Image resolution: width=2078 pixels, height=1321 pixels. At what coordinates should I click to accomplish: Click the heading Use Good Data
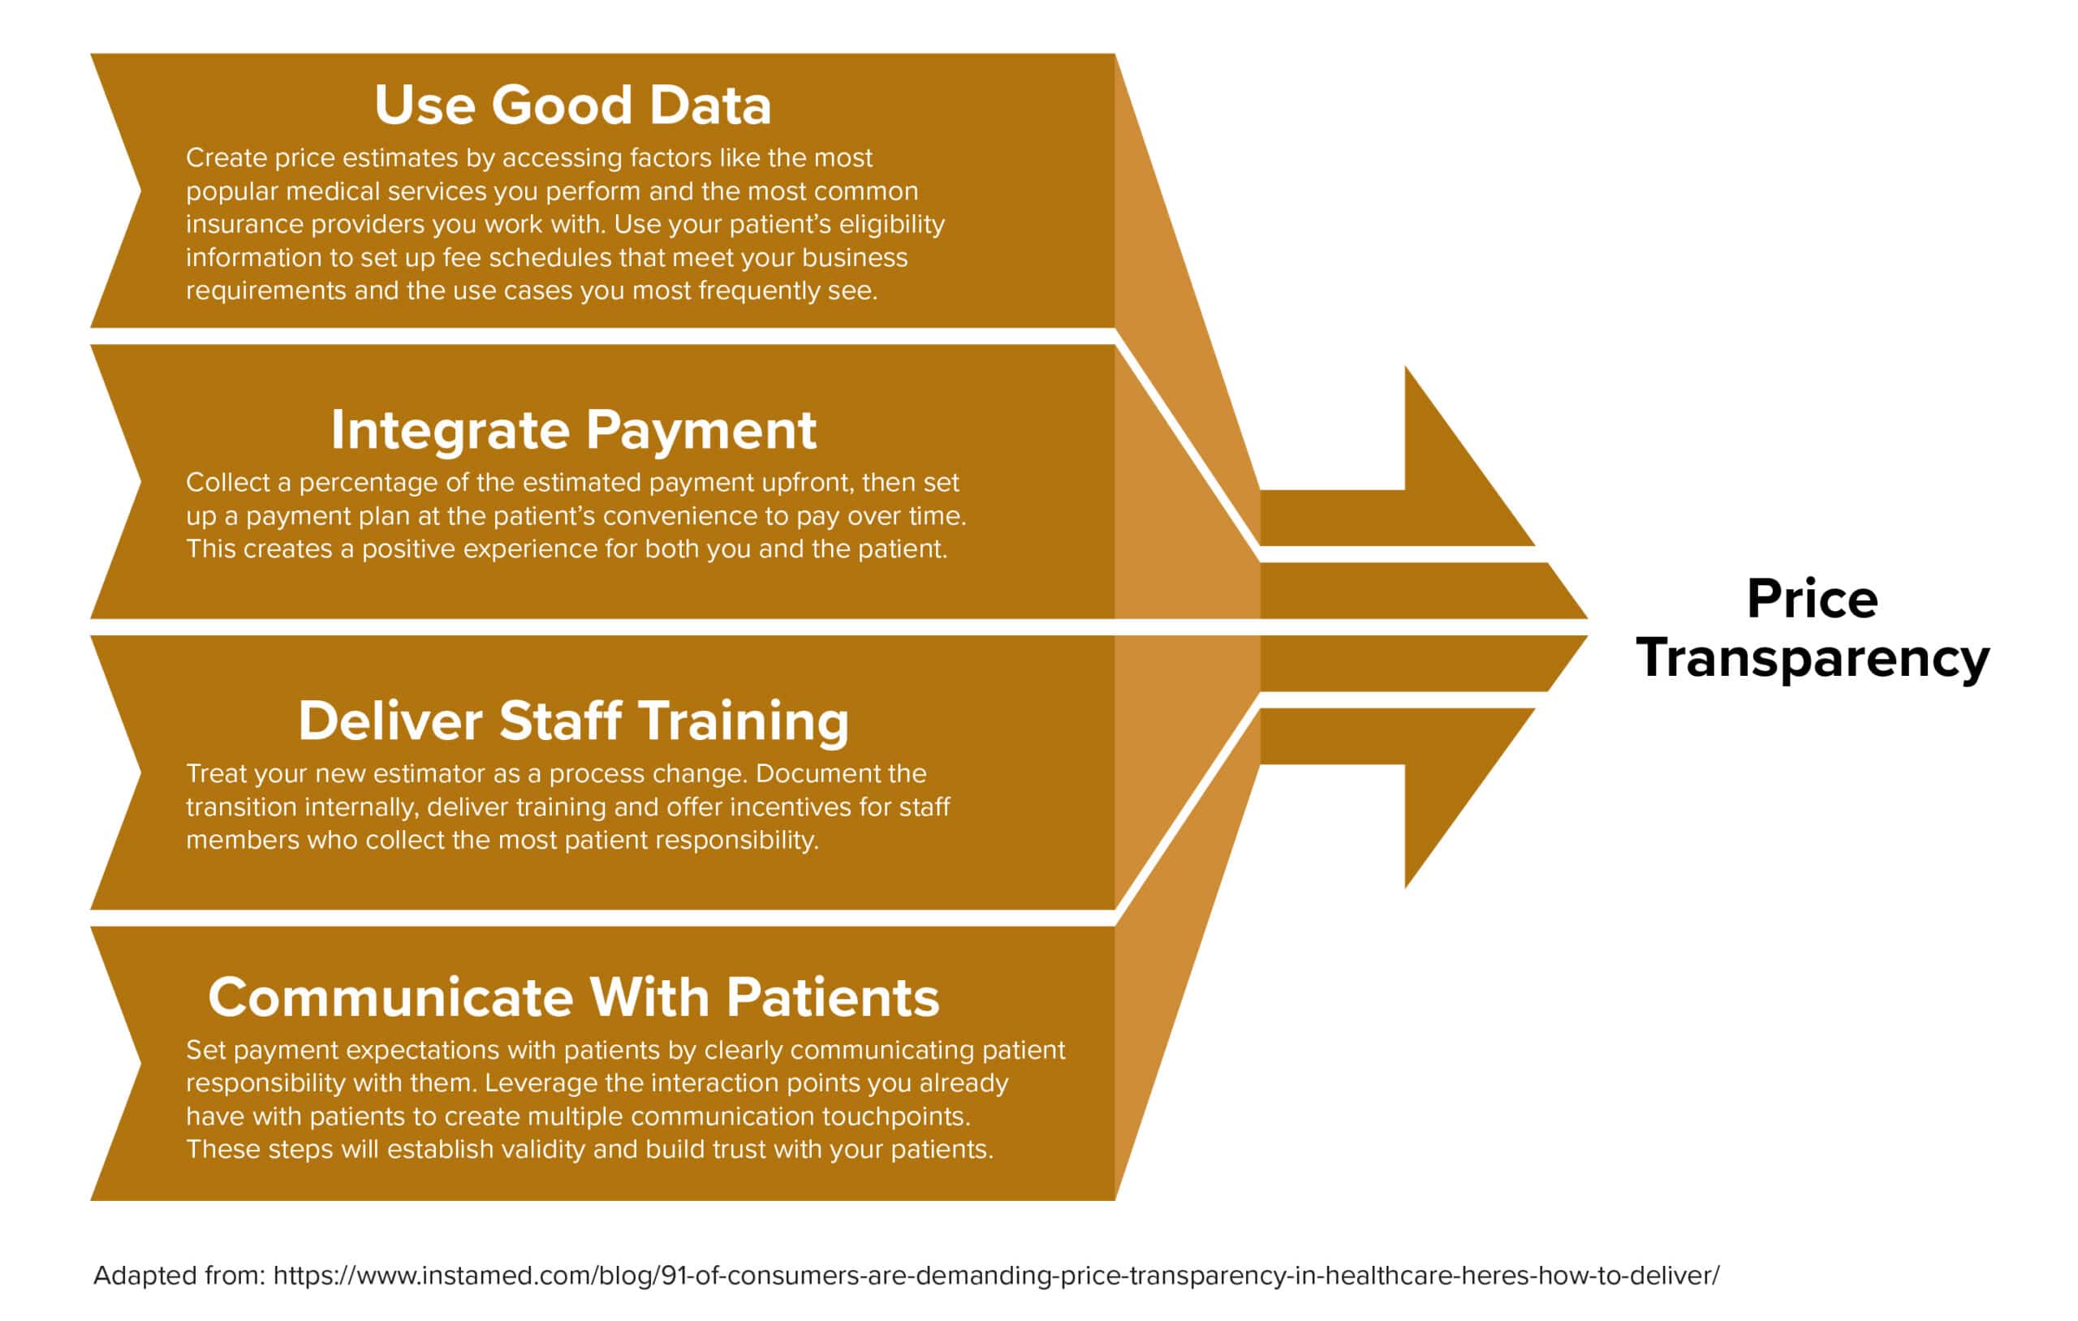[572, 105]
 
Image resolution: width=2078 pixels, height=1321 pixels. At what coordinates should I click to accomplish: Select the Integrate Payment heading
[573, 431]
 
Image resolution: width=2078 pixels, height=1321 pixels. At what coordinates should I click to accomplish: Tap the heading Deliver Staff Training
[573, 721]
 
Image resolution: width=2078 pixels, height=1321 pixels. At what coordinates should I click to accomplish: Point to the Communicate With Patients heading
[573, 997]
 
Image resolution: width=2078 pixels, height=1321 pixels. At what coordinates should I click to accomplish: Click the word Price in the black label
[1813, 598]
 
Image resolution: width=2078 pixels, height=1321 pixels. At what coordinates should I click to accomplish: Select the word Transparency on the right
[1813, 658]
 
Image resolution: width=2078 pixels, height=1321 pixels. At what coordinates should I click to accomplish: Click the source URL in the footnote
[997, 1275]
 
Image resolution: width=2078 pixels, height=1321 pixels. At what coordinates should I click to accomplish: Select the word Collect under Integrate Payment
[228, 482]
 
